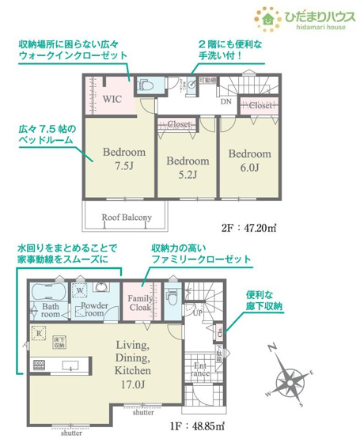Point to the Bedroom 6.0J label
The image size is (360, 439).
click(249, 161)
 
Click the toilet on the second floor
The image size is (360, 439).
click(146, 84)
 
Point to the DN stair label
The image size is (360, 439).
click(225, 101)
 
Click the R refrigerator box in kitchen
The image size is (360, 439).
click(39, 334)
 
